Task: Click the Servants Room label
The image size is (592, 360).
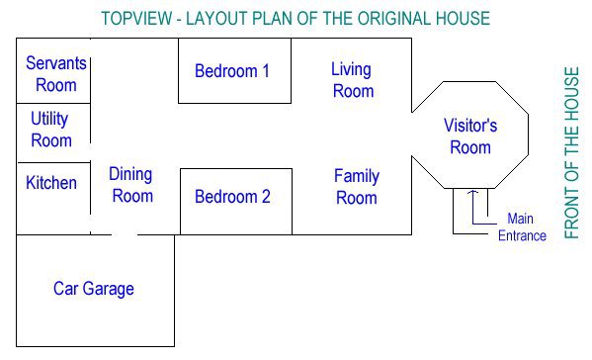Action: click(x=56, y=74)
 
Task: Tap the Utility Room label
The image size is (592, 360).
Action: click(x=51, y=130)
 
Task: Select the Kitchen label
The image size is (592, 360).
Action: click(x=51, y=183)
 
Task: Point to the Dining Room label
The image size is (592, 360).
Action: click(x=131, y=185)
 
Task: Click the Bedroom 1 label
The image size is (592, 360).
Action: click(x=232, y=71)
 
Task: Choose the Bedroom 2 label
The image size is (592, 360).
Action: click(x=232, y=197)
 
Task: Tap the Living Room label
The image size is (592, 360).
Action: click(x=353, y=80)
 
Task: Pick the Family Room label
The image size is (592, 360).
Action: click(x=357, y=187)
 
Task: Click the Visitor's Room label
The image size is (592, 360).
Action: click(x=470, y=136)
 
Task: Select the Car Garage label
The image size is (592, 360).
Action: click(x=94, y=289)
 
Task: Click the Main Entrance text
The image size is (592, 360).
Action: click(x=522, y=227)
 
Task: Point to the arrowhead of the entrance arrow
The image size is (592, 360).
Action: click(x=472, y=192)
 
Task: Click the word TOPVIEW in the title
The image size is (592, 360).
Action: click(x=136, y=19)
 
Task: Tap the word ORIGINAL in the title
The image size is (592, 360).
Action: click(x=394, y=19)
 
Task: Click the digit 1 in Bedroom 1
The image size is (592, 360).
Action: click(x=266, y=71)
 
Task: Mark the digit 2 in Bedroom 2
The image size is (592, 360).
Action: click(x=266, y=197)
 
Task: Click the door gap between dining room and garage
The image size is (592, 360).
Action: click(x=125, y=234)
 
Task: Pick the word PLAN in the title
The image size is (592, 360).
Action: click(x=272, y=19)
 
